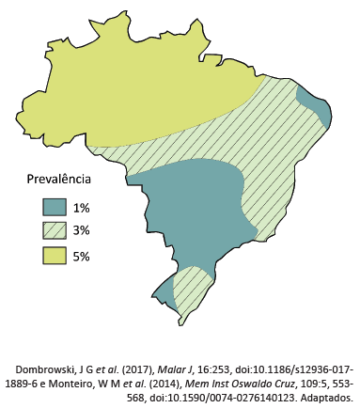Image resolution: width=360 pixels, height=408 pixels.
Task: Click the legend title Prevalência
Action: pos(57,180)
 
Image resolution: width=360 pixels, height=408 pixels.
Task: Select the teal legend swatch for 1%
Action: pos(54,208)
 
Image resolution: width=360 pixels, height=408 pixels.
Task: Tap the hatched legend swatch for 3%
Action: pos(54,231)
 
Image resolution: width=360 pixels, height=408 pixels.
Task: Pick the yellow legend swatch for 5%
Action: pos(54,255)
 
